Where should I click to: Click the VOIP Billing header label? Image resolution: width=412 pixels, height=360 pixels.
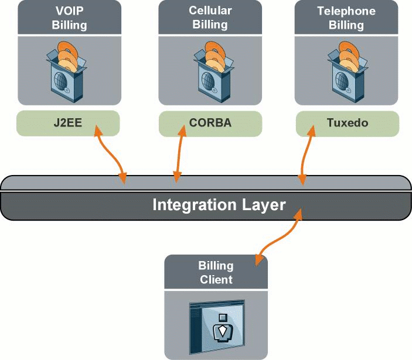click(69, 18)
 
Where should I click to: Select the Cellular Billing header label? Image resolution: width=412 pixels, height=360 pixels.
click(210, 18)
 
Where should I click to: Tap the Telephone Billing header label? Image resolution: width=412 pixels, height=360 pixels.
click(346, 18)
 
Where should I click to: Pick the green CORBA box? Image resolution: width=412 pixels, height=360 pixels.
click(210, 124)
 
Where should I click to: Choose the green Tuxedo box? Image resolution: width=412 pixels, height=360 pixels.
click(347, 124)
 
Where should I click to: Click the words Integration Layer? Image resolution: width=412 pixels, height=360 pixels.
click(219, 205)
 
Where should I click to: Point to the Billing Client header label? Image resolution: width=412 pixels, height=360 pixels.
click(216, 273)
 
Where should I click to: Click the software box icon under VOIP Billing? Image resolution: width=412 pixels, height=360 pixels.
click(64, 68)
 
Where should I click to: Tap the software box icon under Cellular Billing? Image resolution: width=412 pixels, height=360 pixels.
click(210, 68)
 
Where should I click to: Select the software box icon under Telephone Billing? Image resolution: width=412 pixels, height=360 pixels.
click(346, 68)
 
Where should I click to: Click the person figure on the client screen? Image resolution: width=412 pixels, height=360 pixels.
click(222, 328)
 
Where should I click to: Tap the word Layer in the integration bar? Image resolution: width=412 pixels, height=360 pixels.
click(262, 205)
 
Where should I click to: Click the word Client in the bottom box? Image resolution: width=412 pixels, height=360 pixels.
click(216, 280)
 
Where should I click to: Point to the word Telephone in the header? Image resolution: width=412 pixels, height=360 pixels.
click(346, 11)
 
